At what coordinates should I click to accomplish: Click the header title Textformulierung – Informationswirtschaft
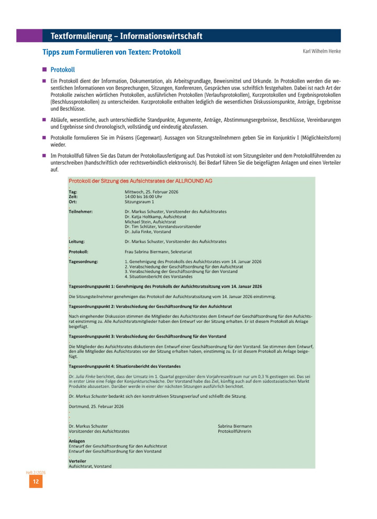[x=126, y=36]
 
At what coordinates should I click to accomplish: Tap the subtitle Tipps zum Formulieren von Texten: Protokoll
[x=112, y=52]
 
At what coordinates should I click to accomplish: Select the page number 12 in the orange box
[x=36, y=482]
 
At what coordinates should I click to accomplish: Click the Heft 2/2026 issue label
[x=36, y=472]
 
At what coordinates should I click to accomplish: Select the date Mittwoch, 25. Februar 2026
[x=151, y=192]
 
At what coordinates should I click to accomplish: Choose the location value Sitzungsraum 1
[x=139, y=201]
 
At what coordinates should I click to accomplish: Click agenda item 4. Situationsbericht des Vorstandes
[x=155, y=276]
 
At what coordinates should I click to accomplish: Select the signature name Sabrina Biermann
[x=235, y=426]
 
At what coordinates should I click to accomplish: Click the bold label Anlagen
[x=77, y=441]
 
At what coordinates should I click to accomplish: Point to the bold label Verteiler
[x=77, y=461]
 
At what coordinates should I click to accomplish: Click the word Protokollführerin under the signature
[x=235, y=432]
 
